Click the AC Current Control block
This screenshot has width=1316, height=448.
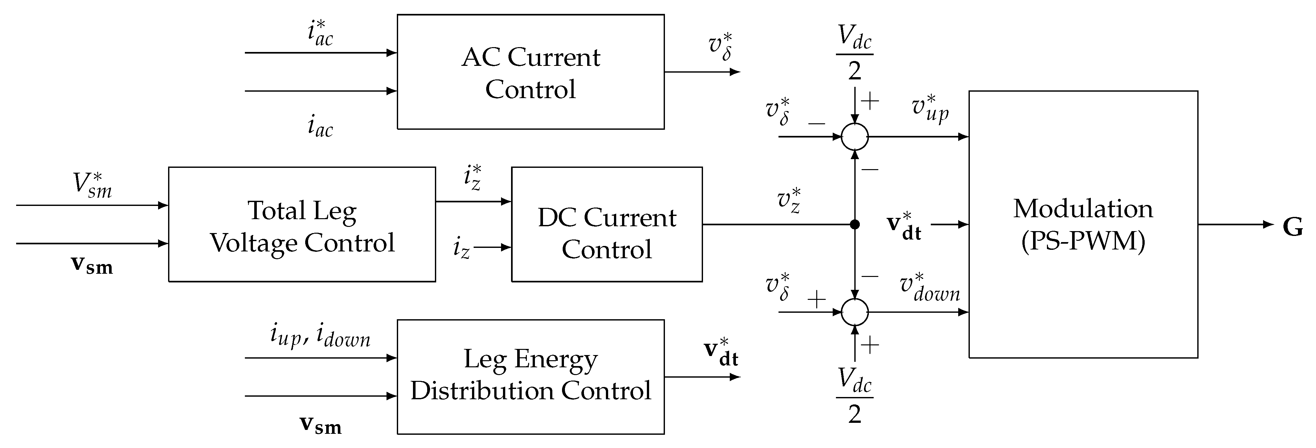pyautogui.click(x=530, y=72)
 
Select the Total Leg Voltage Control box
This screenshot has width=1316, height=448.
pyautogui.click(x=302, y=224)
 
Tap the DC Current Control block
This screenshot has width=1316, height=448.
pyautogui.click(x=607, y=224)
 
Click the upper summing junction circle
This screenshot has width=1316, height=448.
pyautogui.click(x=855, y=137)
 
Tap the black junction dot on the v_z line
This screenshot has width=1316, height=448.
pyautogui.click(x=855, y=224)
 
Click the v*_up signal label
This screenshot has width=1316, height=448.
pyautogui.click(x=930, y=108)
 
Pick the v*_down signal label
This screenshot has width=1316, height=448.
pyautogui.click(x=930, y=289)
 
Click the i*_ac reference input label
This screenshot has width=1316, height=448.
pyautogui.click(x=320, y=33)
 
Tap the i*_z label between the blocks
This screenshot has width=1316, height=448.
pyautogui.click(x=473, y=178)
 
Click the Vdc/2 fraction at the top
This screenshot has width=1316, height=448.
pyautogui.click(x=855, y=53)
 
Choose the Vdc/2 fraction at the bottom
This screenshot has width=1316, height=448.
pyautogui.click(x=855, y=396)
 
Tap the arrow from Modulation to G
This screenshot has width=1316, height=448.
pyautogui.click(x=1236, y=224)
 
